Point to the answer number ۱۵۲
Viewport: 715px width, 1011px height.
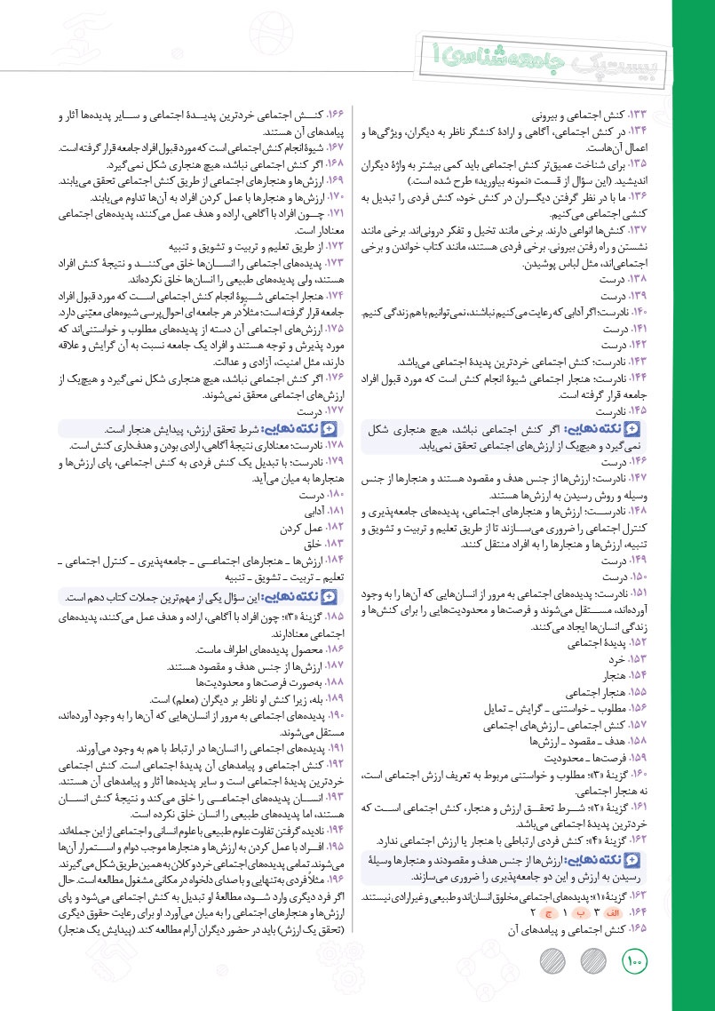[640, 641]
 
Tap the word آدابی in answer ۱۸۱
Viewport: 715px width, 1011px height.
[309, 513]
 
